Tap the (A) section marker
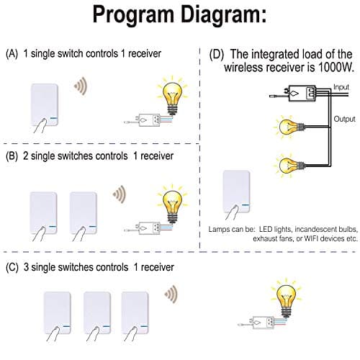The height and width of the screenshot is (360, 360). [x=12, y=54]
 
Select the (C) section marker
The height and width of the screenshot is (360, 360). [x=12, y=266]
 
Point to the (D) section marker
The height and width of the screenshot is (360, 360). [x=215, y=54]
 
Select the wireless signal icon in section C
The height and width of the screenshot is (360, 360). [x=170, y=293]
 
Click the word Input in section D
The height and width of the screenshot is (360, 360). [x=342, y=87]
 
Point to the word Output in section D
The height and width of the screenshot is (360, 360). [x=343, y=118]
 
